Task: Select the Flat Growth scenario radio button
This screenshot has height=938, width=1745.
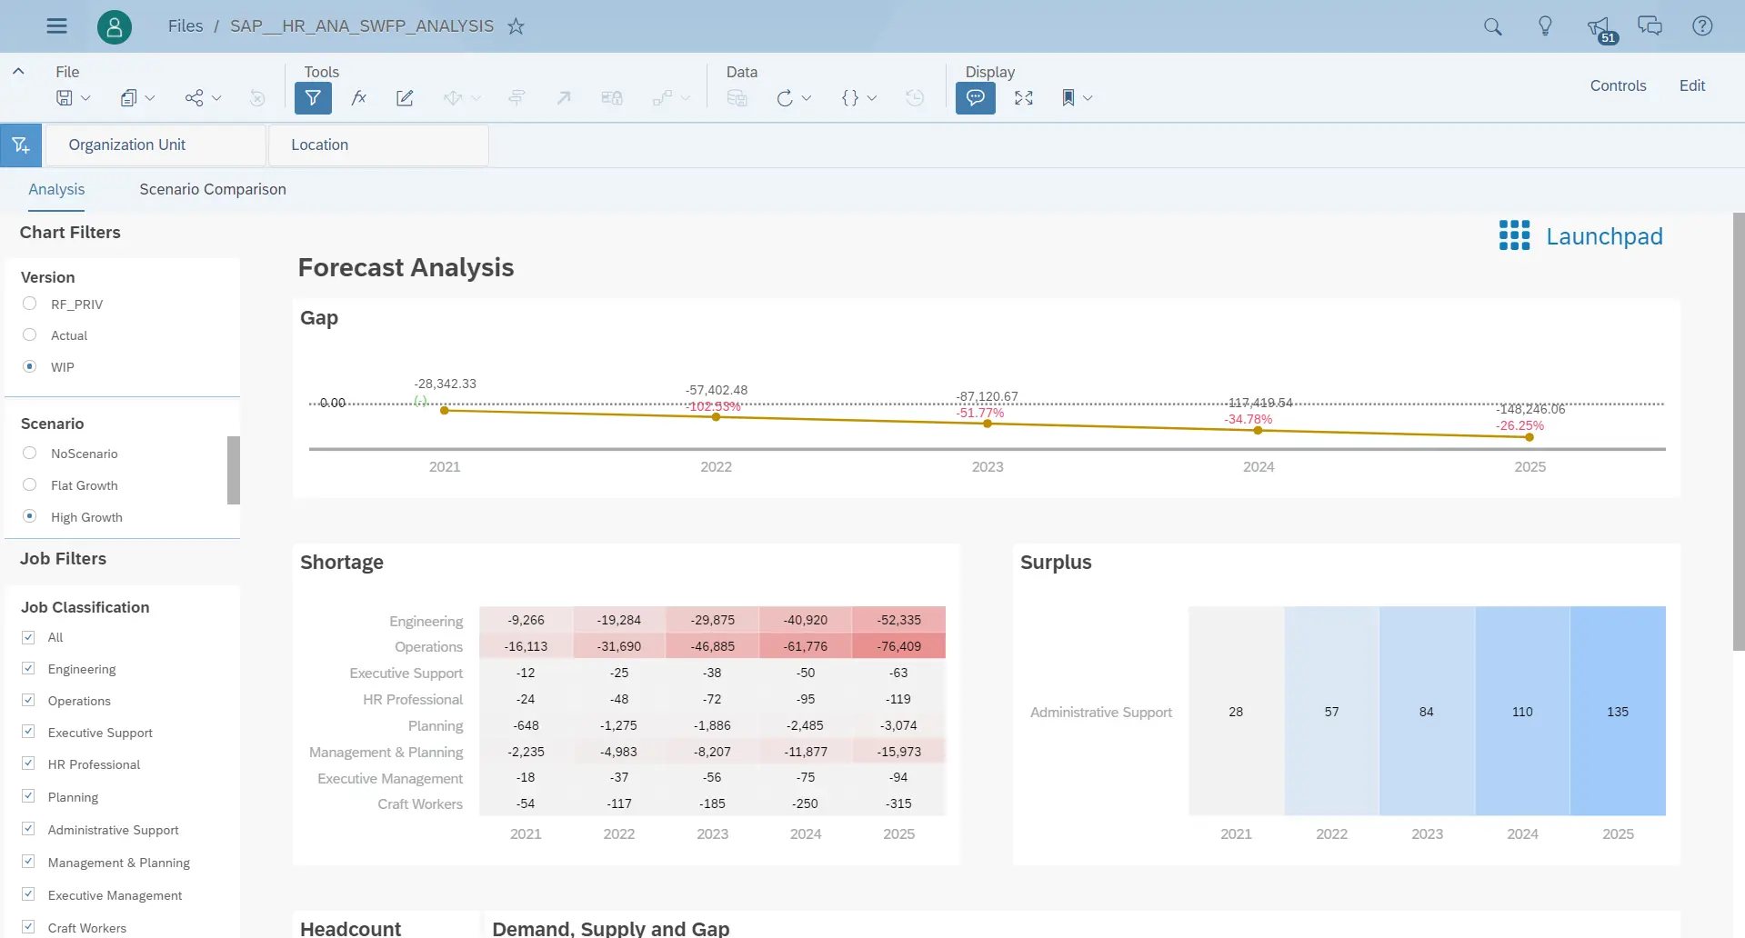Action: tap(30, 485)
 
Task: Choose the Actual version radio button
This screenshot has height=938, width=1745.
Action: tap(30, 335)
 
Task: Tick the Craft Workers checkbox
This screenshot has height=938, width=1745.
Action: tap(29, 927)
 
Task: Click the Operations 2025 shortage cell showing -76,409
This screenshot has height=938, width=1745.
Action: tap(898, 646)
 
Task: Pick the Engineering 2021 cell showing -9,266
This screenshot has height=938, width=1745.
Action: tap(526, 620)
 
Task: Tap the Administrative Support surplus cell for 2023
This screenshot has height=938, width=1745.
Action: tap(1426, 712)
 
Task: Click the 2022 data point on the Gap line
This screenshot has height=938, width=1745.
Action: tap(716, 417)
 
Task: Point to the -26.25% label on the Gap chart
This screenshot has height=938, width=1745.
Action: tap(1519, 425)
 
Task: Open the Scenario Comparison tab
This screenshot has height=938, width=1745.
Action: tap(212, 189)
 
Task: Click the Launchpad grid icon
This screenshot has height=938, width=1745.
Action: tap(1514, 235)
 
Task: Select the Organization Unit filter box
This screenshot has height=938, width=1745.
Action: tap(155, 145)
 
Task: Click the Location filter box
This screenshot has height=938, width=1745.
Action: tap(378, 145)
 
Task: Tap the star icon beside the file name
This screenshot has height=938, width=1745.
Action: tap(516, 26)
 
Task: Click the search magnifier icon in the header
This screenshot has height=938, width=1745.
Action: tap(1492, 26)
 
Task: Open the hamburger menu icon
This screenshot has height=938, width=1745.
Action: tap(56, 26)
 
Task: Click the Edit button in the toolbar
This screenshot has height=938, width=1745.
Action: tap(1691, 85)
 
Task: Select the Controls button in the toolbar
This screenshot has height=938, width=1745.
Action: tap(1618, 85)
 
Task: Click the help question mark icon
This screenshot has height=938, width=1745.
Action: tap(1702, 26)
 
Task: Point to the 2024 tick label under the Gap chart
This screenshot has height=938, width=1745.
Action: tap(1258, 467)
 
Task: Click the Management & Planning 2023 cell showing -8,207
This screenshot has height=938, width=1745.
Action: tap(712, 752)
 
